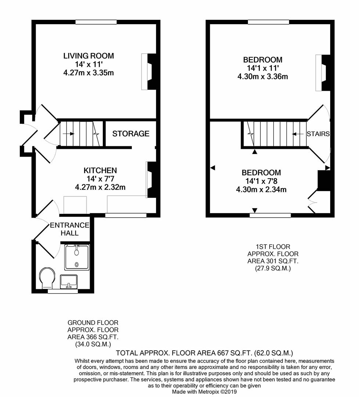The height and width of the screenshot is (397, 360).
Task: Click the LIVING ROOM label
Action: (89, 56)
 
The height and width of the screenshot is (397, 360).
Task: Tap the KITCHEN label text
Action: (100, 171)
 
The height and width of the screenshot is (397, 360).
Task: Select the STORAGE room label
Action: (131, 134)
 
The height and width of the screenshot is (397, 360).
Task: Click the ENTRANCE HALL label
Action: (69, 229)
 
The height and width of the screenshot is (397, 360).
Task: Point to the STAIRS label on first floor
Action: (318, 134)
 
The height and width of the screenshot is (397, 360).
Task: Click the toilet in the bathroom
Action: (48, 278)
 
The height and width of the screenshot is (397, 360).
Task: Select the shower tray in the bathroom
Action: (76, 257)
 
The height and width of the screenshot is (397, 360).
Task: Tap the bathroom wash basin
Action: (68, 282)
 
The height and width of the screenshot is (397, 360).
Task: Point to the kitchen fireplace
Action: (150, 180)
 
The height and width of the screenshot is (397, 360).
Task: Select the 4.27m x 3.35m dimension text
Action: (89, 73)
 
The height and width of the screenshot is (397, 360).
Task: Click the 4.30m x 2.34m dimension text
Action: (261, 190)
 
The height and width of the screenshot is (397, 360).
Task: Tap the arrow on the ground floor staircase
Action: (68, 134)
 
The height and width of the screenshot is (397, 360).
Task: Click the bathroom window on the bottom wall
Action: (62, 292)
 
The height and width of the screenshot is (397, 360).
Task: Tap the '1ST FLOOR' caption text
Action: (273, 247)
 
